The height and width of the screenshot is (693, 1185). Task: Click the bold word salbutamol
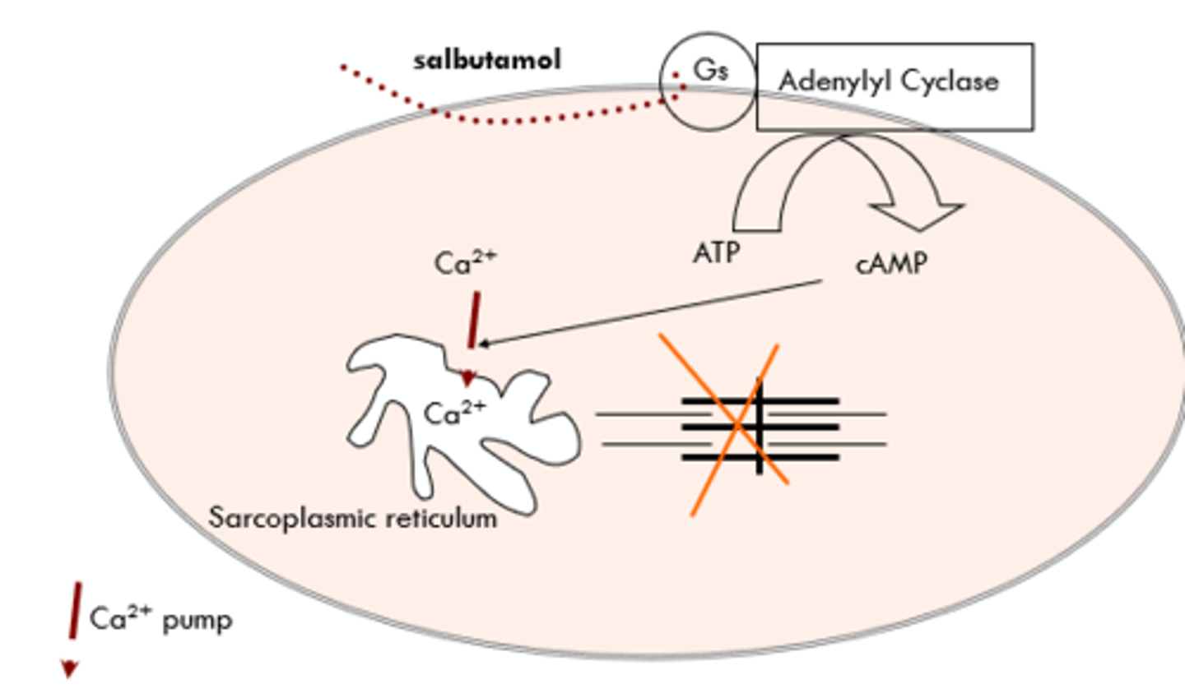486,60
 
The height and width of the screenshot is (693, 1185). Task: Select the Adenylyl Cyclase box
895,87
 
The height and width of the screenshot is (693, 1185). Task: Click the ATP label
716,252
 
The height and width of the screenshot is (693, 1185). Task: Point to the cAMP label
891,264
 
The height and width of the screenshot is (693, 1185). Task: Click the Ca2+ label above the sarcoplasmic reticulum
465,262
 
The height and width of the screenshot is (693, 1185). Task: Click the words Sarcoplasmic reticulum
352,518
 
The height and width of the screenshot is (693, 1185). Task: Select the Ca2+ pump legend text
160,618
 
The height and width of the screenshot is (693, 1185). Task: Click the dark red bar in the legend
75,610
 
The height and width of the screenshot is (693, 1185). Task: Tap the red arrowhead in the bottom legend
70,669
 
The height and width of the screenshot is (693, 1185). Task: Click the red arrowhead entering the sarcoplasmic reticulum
467,378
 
